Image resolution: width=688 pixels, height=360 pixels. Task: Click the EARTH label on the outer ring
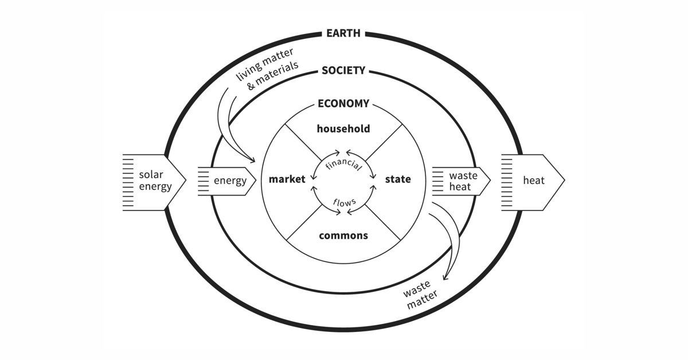343,33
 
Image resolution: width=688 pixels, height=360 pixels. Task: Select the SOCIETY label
343,71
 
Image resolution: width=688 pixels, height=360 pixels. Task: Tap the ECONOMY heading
343,104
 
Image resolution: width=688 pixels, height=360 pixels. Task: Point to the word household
343,129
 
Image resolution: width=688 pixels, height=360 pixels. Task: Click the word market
287,179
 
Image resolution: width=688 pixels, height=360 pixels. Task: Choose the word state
398,179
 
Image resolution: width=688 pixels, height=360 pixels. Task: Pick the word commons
343,236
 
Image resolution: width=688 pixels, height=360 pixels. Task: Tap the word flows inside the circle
344,202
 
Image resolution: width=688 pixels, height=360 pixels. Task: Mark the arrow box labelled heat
533,181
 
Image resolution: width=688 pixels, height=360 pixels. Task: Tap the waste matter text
422,296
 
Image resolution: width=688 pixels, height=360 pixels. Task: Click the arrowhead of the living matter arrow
252,160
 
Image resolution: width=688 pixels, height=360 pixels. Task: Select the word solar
151,174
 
